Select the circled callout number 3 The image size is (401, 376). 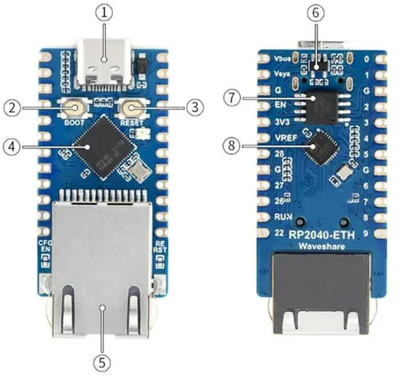[x=195, y=107]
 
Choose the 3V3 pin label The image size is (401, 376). [x=282, y=121]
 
